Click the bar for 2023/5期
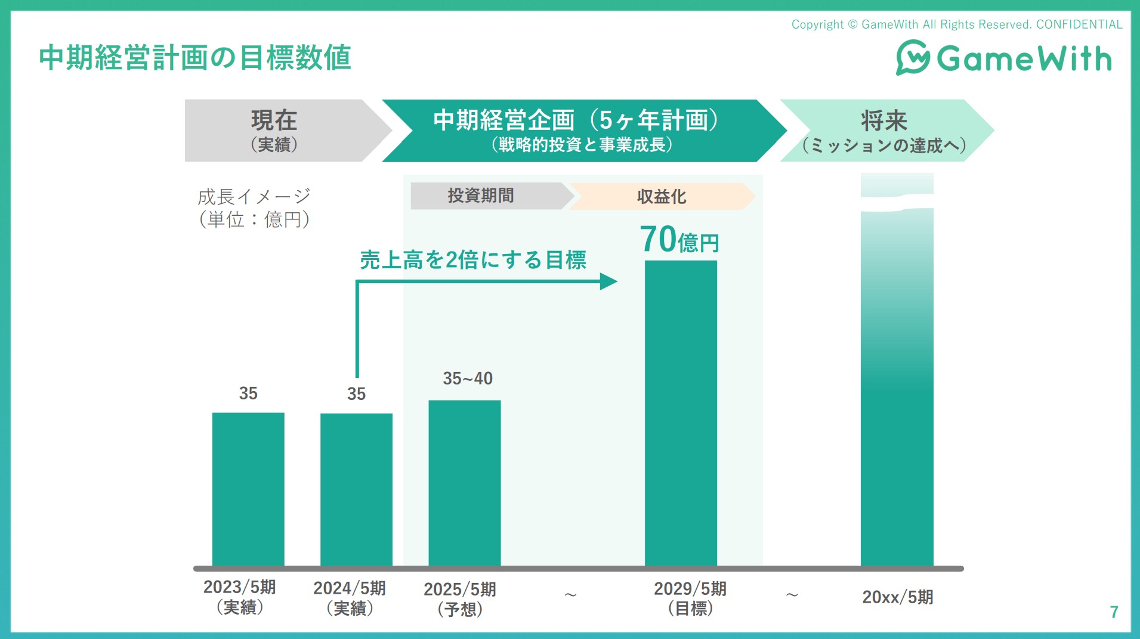point(248,489)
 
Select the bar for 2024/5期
point(356,489)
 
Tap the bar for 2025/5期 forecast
point(464,483)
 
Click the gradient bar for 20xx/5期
point(897,387)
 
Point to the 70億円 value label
point(679,240)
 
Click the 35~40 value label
point(467,379)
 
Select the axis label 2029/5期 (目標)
point(690,598)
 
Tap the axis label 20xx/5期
point(897,597)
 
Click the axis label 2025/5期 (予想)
point(460,598)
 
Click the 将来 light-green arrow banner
point(884,131)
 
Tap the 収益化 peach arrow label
point(661,196)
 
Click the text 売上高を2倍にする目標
point(472,260)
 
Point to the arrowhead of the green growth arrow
point(608,281)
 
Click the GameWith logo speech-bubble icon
point(912,58)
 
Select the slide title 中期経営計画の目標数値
point(195,58)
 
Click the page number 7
point(1113,612)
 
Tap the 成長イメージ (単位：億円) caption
point(254,207)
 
